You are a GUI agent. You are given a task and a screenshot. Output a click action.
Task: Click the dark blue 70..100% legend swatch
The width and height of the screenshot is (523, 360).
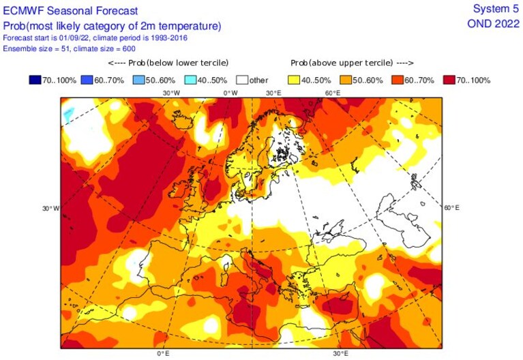[35, 80]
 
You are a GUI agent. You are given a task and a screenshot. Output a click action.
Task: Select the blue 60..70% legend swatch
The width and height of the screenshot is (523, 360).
[87, 80]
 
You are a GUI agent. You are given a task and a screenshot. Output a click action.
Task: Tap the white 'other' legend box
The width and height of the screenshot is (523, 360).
[242, 80]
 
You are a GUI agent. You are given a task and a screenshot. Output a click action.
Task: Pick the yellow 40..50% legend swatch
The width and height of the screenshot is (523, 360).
[294, 80]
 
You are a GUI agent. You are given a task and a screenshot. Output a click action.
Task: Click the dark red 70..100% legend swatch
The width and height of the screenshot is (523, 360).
[449, 80]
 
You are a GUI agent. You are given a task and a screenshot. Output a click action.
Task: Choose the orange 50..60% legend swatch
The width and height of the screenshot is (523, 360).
[346, 80]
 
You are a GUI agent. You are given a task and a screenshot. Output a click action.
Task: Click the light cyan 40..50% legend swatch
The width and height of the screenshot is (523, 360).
[190, 80]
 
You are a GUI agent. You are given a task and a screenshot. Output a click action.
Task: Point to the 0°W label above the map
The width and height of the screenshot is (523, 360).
[230, 93]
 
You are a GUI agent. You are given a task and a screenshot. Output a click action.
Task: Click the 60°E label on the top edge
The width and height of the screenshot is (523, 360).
[333, 93]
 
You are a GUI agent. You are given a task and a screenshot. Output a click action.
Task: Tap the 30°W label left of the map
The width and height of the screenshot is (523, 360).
[50, 209]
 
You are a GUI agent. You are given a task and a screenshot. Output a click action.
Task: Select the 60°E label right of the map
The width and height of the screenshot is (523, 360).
[451, 207]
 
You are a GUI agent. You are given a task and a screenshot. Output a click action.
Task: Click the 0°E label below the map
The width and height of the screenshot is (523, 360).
[163, 353]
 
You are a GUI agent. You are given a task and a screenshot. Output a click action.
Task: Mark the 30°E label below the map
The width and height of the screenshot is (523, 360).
[340, 353]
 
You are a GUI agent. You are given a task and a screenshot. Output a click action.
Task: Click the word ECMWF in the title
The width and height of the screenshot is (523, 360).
[23, 11]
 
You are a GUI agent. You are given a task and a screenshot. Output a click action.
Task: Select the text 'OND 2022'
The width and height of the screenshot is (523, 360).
[493, 24]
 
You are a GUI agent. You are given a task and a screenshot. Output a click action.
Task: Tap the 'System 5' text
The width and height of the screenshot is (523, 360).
[496, 9]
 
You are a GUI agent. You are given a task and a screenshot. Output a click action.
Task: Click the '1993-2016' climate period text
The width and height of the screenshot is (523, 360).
[169, 37]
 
